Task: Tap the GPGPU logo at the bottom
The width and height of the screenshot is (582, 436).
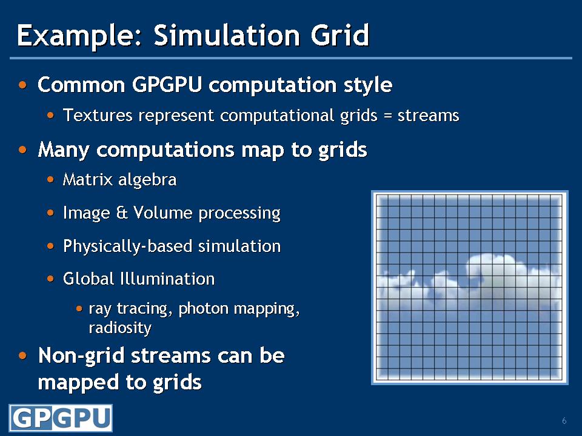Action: point(61,418)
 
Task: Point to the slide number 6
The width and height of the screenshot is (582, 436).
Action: point(564,421)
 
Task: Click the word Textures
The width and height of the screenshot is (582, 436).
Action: point(98,115)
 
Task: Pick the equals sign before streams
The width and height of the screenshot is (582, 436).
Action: point(388,116)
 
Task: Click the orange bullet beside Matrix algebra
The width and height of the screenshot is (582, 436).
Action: point(50,180)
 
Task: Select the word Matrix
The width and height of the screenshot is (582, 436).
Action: point(87,180)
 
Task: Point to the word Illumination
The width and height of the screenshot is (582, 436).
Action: point(167,279)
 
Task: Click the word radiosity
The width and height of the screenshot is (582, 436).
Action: point(120,328)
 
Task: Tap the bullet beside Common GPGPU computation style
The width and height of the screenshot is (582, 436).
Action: point(22,85)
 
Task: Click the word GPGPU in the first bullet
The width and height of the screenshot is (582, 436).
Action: point(167,85)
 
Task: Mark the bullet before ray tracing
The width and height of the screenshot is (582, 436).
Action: point(79,308)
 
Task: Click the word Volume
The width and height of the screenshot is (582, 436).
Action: point(163,213)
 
